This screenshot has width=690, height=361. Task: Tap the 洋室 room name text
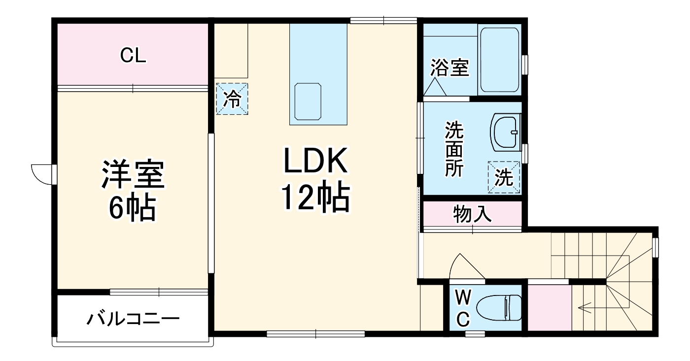133,174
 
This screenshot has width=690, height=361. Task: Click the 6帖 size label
133,208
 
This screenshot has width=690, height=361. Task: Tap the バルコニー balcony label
133,319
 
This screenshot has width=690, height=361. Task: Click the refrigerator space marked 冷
232,99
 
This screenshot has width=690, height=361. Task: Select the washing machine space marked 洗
504,177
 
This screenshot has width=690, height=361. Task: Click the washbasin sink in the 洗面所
506,131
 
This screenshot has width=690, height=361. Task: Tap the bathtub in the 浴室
500,60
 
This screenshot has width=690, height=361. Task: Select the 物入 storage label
472,215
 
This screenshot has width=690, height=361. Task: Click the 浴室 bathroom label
449,68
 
